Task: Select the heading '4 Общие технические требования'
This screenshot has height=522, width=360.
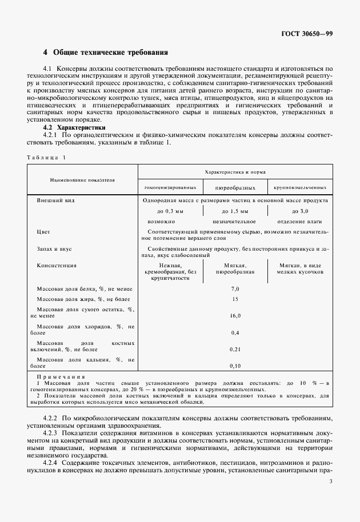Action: pos(106,53)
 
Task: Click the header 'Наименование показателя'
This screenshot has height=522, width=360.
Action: pos(82,179)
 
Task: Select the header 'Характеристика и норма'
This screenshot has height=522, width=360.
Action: pos(235,171)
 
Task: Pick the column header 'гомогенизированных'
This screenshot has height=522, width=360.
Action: pos(170,187)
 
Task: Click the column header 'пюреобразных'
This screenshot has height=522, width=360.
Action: pos(235,187)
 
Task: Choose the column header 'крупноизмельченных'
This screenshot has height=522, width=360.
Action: pos(300,187)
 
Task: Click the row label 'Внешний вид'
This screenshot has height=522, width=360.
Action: pos(55,201)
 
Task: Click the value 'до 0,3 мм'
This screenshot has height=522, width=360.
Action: pos(170,211)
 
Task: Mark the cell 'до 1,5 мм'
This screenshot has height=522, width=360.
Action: pos(235,211)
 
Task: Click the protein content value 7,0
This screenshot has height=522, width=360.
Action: pos(235,290)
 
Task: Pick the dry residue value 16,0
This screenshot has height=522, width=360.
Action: pos(235,315)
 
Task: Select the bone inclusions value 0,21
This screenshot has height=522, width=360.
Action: pos(235,348)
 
